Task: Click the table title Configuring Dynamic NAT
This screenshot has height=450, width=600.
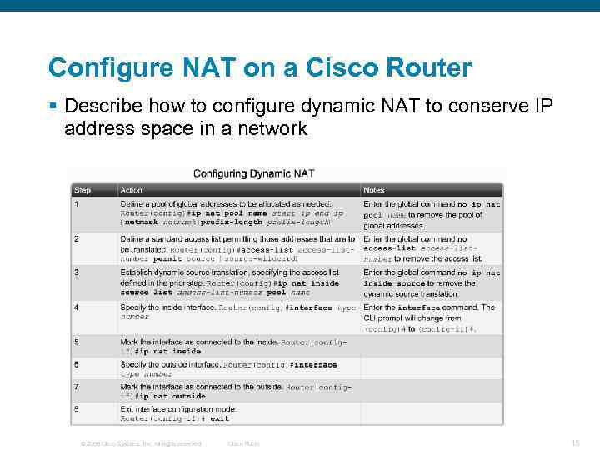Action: pos(253,173)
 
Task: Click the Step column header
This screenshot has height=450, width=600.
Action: pos(82,190)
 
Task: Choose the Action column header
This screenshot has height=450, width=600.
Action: pos(132,190)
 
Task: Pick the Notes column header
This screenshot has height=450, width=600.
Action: pos(374,190)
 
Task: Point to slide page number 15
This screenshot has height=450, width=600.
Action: pos(574,443)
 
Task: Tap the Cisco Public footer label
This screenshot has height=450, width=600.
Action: pos(243,443)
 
